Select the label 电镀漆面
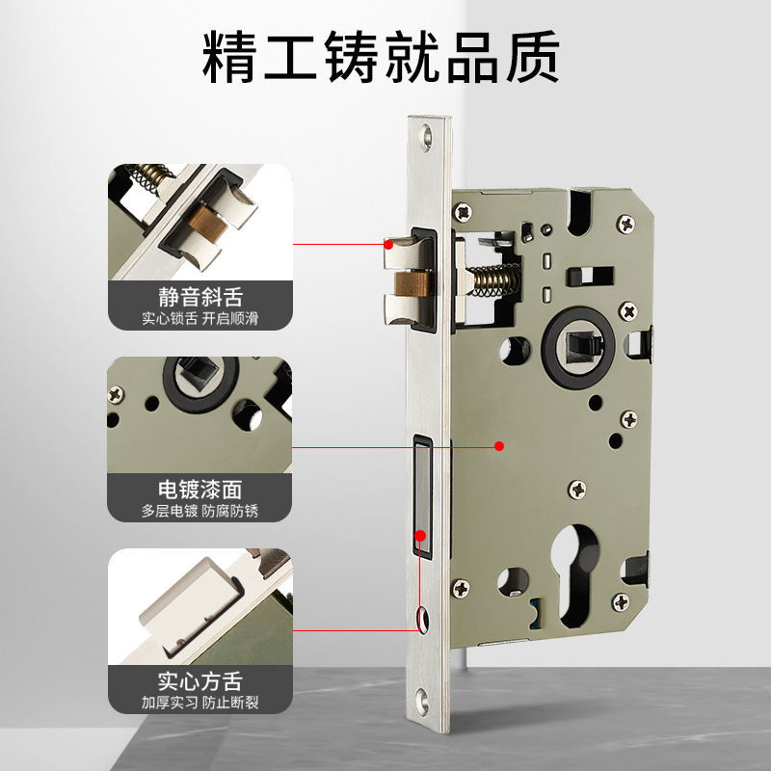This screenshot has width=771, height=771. coord(199,490)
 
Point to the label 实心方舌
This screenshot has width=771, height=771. coord(199,682)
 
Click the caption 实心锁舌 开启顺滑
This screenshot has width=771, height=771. coord(199,318)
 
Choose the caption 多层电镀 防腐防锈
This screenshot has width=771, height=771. coord(199,511)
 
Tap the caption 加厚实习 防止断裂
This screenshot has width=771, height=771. coord(199,704)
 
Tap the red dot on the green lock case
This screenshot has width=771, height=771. coord(499,446)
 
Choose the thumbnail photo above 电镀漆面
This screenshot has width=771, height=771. coord(199,414)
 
